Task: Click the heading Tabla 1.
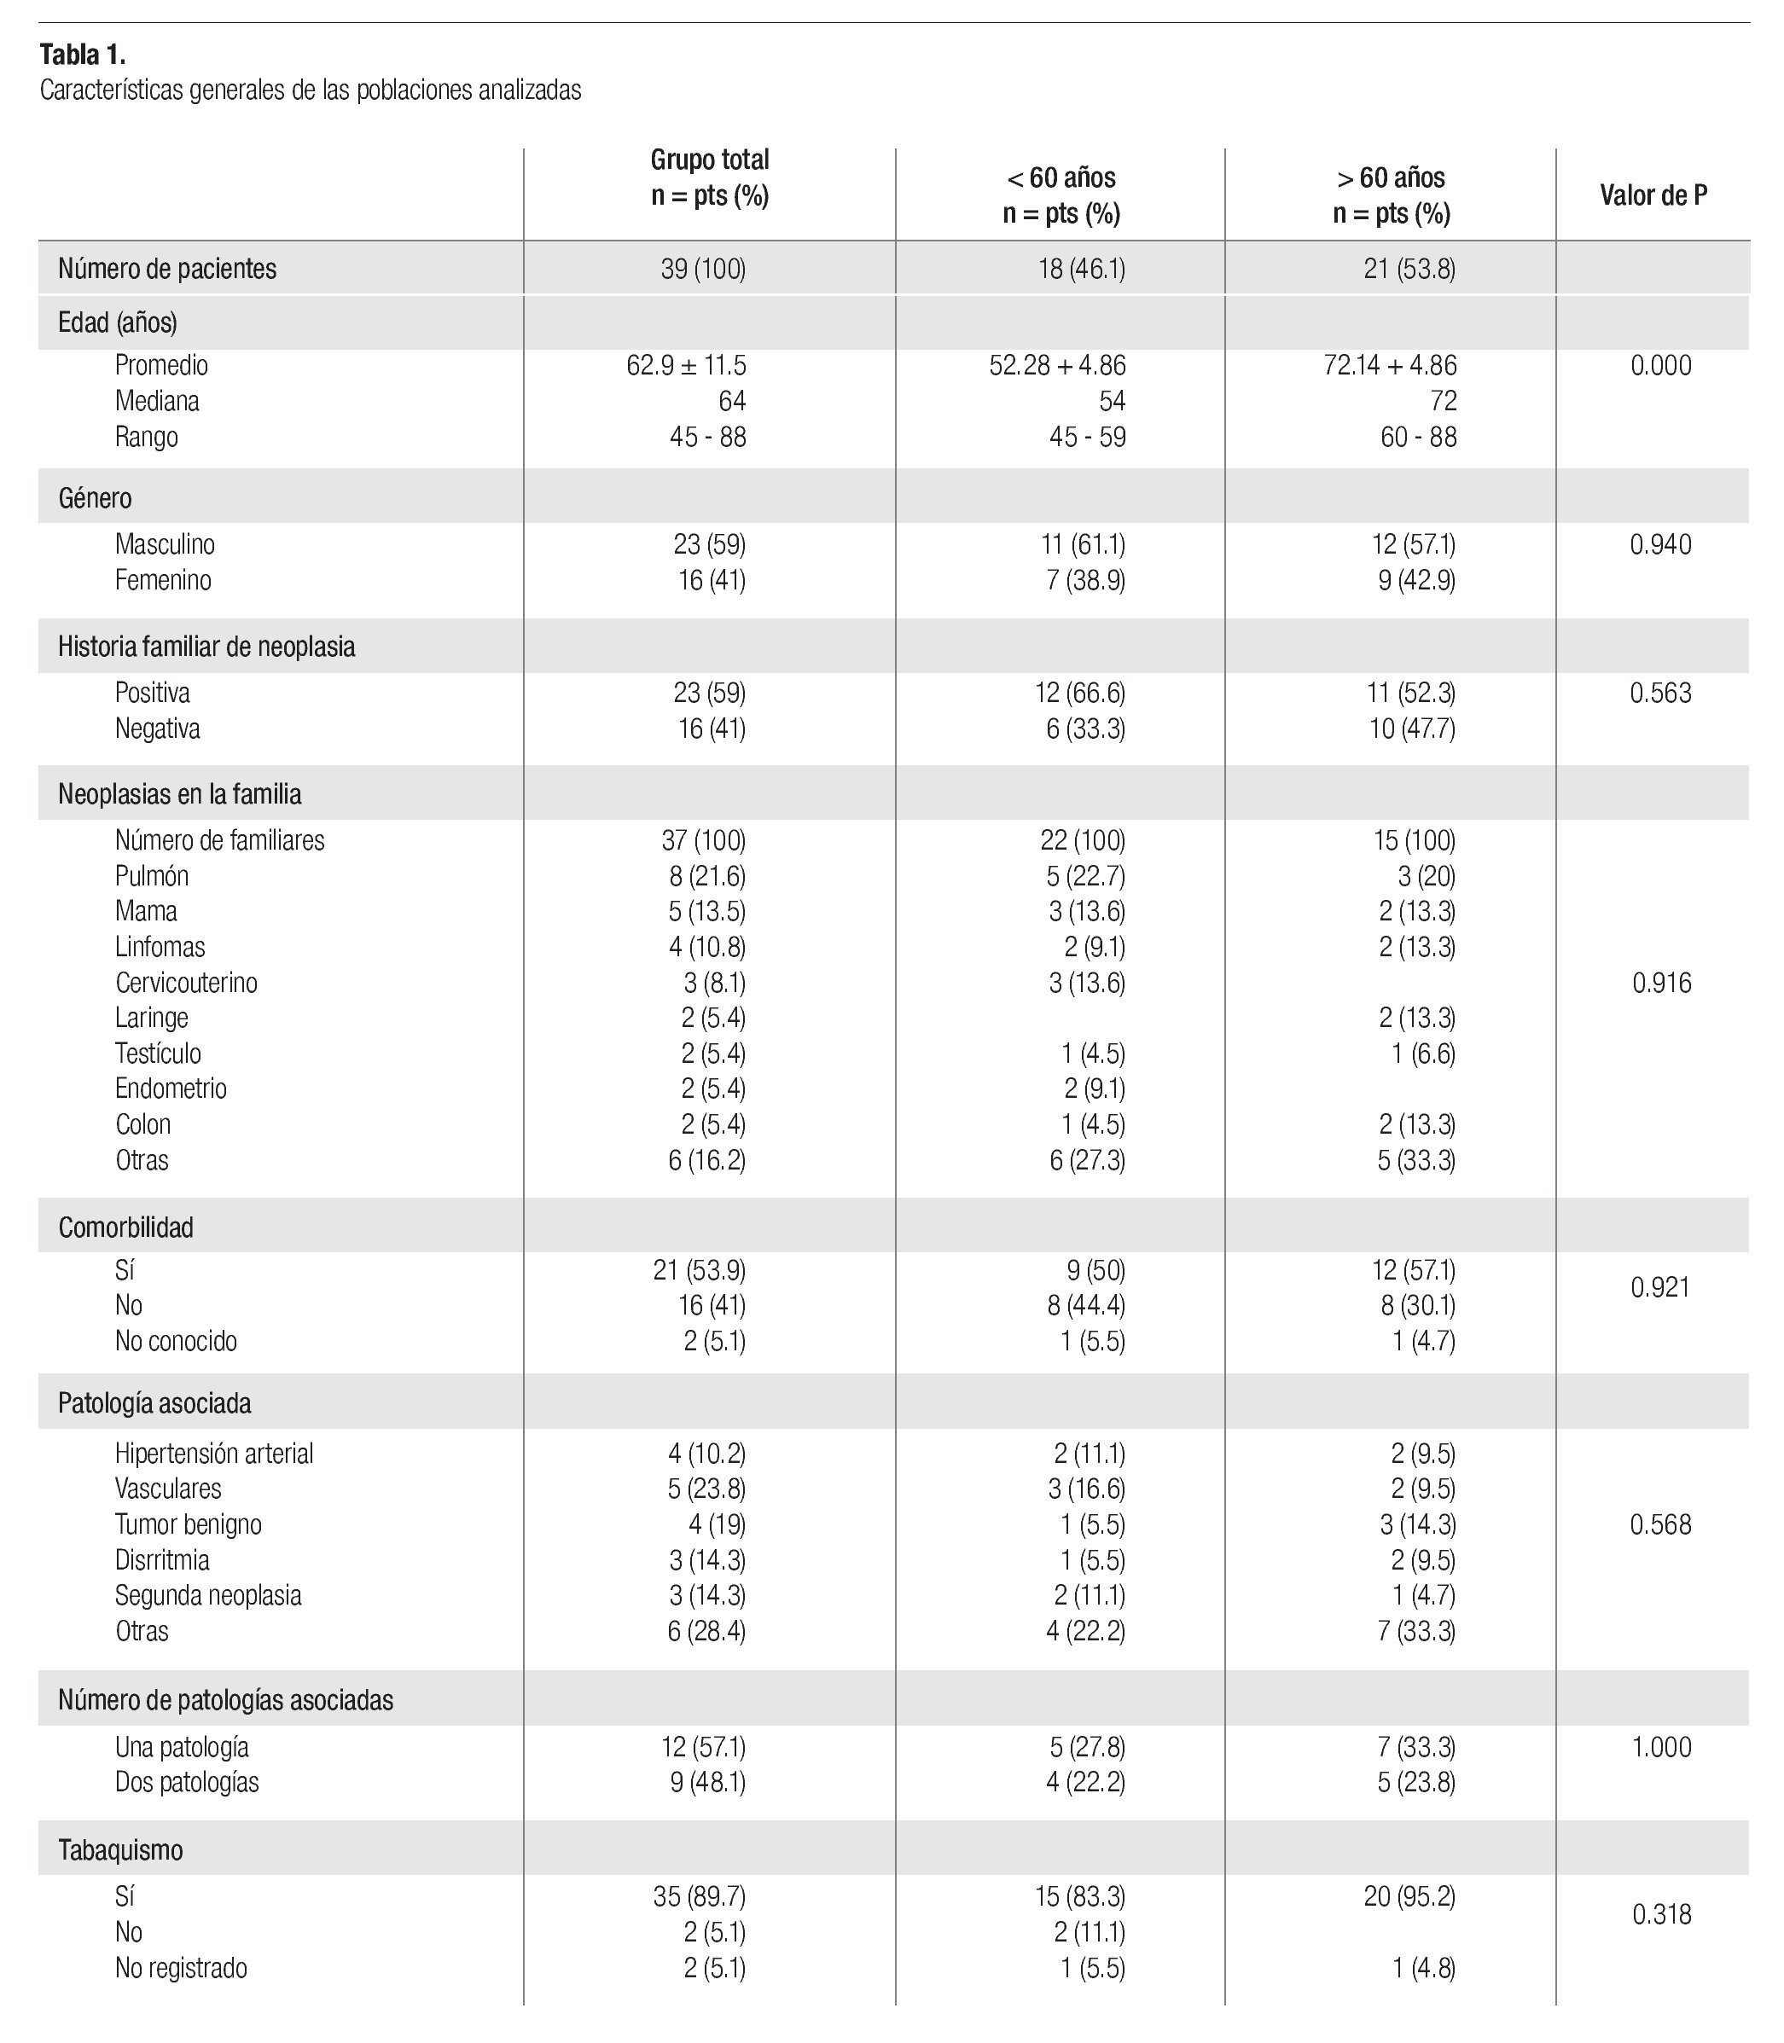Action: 83,54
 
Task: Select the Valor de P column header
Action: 1653,195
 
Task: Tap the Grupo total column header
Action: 710,177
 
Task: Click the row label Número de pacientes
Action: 167,269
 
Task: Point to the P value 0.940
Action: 1659,544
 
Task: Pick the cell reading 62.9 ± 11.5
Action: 686,365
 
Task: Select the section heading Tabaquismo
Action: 120,1850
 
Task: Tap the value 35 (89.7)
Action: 699,1897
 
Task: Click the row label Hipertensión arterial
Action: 214,1453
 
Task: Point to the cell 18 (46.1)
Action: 1081,269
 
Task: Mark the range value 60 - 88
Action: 1418,437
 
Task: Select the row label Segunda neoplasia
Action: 208,1595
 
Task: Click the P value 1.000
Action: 1660,1748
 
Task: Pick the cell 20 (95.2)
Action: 1409,1897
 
